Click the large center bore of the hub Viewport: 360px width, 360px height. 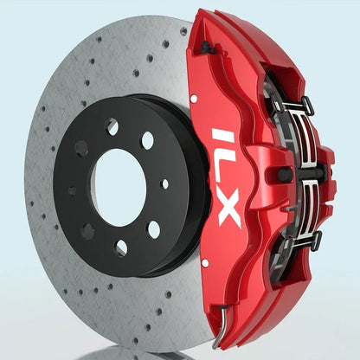point(119,187)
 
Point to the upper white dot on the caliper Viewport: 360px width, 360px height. point(194,99)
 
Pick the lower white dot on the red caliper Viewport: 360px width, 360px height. point(205,263)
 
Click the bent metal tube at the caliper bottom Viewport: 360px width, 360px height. point(220,327)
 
